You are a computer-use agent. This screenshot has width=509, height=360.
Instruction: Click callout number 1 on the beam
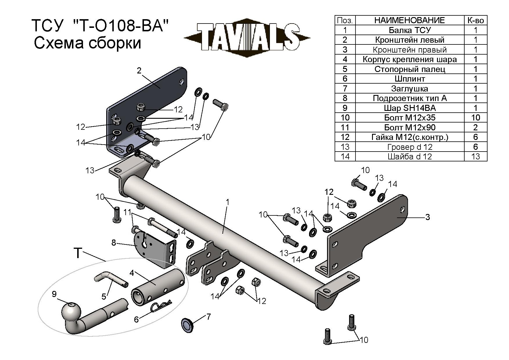[228, 202]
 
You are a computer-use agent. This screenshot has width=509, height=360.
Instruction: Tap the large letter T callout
[78, 253]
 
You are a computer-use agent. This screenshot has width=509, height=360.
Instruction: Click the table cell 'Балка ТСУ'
[409, 30]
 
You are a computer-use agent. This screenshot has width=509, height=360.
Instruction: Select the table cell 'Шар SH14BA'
[409, 108]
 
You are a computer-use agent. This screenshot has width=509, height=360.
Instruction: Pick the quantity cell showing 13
[475, 156]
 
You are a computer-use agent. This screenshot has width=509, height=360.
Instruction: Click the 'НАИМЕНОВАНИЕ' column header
[409, 20]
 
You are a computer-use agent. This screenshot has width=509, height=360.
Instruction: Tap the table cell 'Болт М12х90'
[409, 127]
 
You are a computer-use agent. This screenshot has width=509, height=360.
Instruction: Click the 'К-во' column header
[475, 20]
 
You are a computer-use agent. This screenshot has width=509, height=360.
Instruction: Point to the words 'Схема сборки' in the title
[87, 43]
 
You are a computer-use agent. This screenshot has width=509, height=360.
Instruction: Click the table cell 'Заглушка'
[409, 89]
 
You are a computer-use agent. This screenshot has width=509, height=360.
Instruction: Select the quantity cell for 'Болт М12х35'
[475, 118]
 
